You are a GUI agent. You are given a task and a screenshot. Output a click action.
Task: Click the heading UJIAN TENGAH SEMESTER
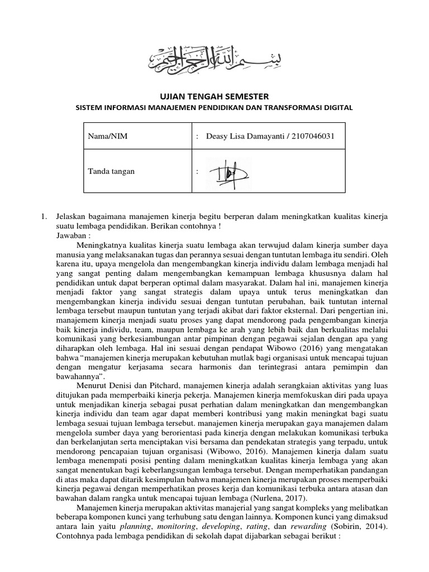click(x=214, y=97)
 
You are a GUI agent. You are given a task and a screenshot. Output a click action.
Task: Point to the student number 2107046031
click(x=311, y=136)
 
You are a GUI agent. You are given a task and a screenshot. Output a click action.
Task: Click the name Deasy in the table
click(x=218, y=136)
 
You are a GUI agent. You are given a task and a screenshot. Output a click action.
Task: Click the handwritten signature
click(x=228, y=173)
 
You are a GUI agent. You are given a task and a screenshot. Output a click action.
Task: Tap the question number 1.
click(x=44, y=216)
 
